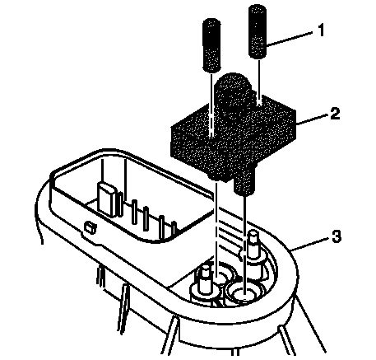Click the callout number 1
320,30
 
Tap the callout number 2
335,113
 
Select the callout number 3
337,236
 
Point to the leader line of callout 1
290,39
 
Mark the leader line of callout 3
309,244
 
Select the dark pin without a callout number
211,45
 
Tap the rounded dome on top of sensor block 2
233,91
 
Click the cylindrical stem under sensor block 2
244,183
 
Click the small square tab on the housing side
90,227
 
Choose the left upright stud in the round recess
206,281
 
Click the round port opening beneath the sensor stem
244,294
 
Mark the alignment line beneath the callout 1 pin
259,82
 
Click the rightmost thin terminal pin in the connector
174,228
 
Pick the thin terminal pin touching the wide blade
120,204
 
